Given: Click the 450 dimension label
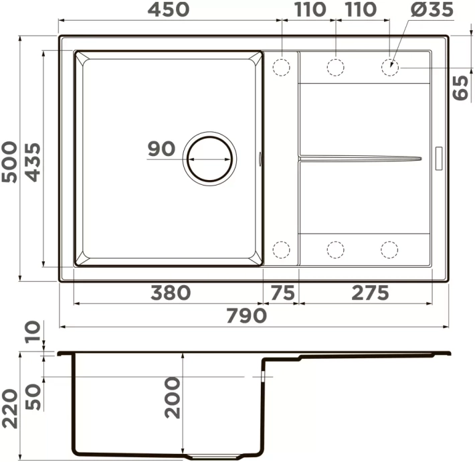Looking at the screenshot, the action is point(169,9).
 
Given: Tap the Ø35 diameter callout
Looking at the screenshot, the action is point(432,9).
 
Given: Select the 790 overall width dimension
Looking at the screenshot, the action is point(247,315).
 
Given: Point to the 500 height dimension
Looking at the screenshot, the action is point(9,162).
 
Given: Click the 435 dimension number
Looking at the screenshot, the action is point(32,162).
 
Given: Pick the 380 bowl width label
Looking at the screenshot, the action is point(171,293).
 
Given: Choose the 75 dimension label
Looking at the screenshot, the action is point(282,293).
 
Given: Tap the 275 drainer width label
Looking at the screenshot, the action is point(370,293).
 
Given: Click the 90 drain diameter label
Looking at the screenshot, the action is point(161,149).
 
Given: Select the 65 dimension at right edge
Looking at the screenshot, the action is point(460,88).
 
